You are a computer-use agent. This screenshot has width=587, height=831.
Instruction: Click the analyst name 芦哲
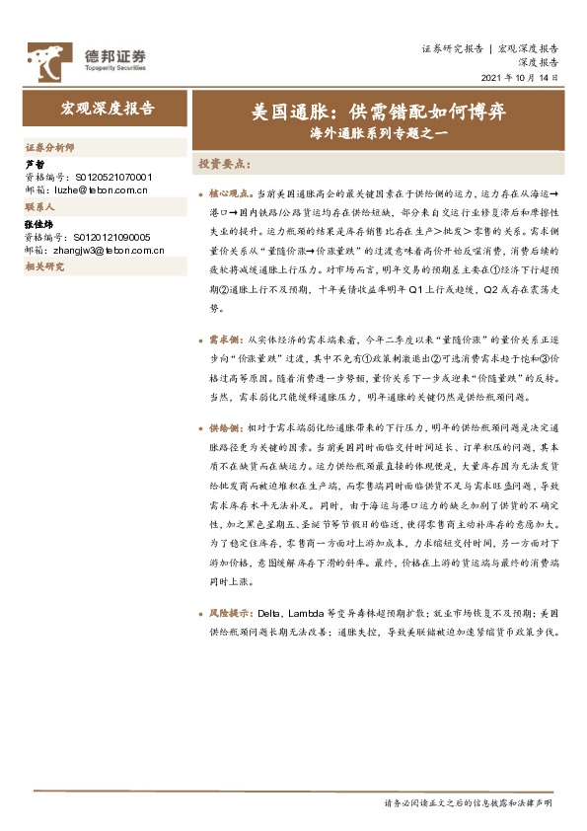pos(35,164)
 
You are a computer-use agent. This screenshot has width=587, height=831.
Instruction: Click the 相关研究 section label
pos(44,267)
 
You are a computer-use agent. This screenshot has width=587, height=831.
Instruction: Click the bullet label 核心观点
pos(229,196)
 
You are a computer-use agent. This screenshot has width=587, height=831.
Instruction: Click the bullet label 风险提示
pos(229,614)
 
